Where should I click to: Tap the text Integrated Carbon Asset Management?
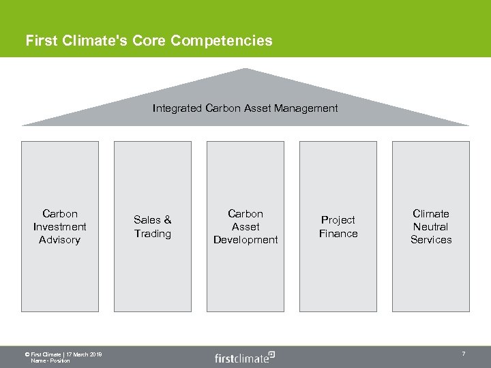(245, 108)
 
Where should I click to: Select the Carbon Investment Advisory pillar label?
(59, 227)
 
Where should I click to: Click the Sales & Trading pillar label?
(152, 227)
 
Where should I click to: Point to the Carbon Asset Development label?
(245, 227)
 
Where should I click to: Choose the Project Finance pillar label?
(338, 227)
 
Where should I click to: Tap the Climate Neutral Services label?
(431, 227)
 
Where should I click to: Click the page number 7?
(464, 354)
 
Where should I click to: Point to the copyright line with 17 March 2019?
(63, 354)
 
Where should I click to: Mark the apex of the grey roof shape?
(245, 70)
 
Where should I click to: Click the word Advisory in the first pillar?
(59, 240)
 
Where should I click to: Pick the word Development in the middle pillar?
(245, 240)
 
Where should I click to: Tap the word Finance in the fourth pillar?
(338, 234)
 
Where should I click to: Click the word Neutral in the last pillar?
(431, 227)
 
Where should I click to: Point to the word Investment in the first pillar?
(59, 227)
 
